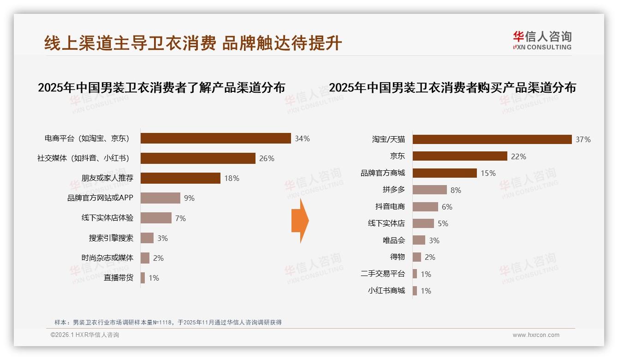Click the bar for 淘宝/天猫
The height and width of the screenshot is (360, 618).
492,139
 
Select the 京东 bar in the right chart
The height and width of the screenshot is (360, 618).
460,156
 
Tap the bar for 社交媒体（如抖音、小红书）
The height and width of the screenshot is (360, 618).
198,158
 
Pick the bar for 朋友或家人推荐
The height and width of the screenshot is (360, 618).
180,178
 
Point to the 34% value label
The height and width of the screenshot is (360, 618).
302,138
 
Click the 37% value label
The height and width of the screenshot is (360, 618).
583,139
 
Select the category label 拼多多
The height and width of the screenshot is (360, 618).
393,190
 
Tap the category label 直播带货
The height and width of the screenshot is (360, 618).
119,278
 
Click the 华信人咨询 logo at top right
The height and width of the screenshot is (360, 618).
542,40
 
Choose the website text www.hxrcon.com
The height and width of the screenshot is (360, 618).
536,335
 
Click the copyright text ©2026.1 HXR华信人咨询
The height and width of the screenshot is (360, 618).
84,335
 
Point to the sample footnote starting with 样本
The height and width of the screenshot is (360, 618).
168,323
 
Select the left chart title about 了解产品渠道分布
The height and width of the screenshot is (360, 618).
161,87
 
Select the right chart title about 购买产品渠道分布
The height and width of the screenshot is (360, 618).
452,87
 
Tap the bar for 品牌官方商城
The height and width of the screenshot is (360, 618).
445,173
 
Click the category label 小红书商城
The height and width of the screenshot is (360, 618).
386,291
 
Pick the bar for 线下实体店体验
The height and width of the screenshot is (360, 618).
156,218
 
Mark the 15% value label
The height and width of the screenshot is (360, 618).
488,173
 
